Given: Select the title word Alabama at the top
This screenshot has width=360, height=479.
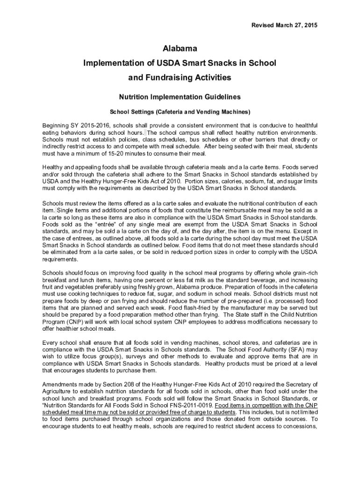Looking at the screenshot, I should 180,49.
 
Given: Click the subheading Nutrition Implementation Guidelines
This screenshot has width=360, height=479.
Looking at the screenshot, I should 180,97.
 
